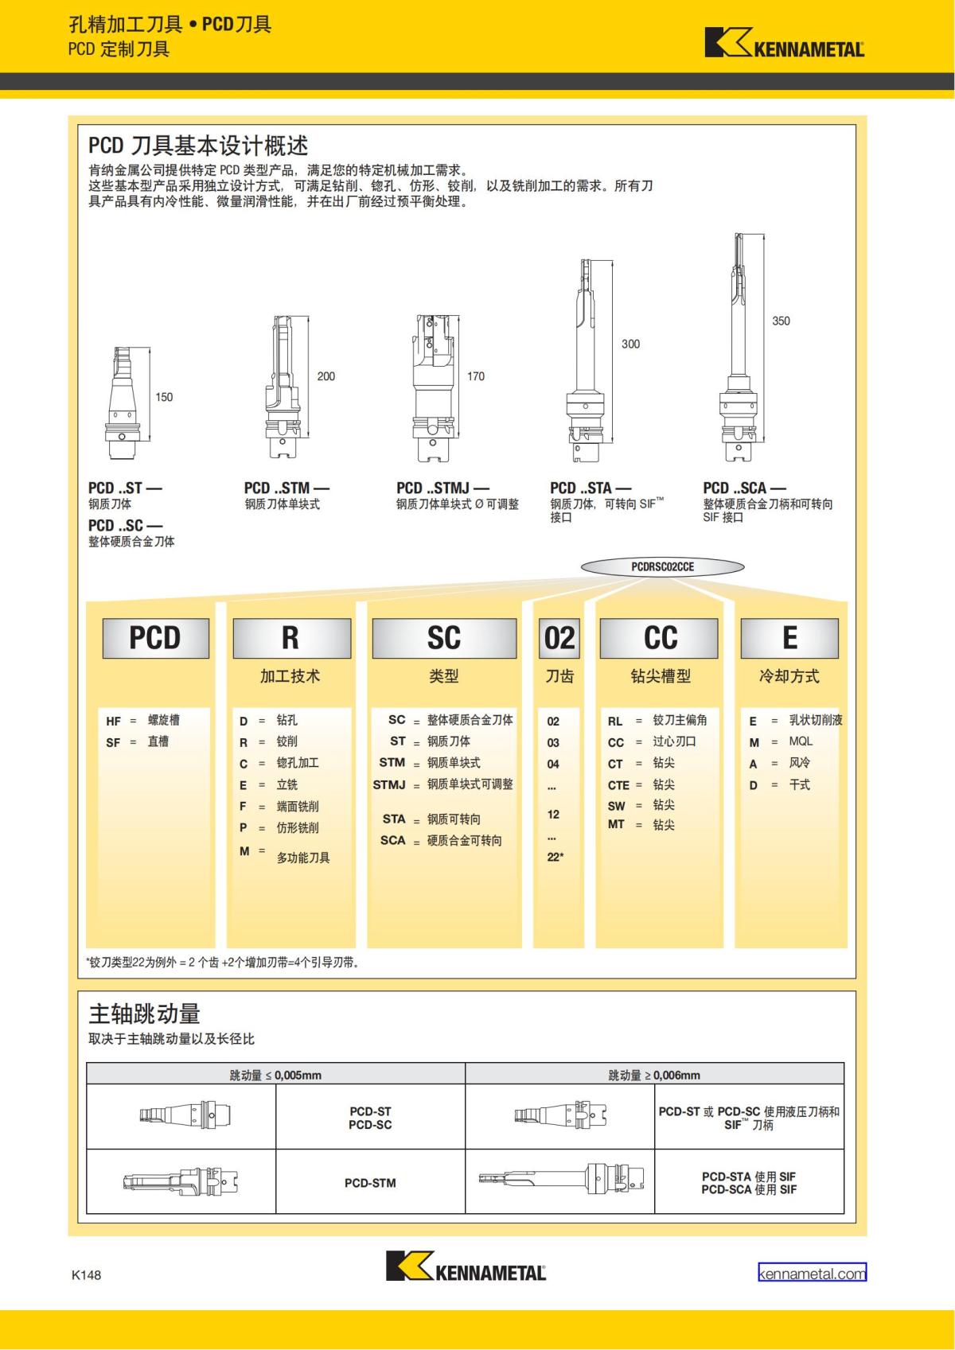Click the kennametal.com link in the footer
(x=812, y=1273)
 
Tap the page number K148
(x=86, y=1274)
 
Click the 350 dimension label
(x=781, y=321)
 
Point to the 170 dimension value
(x=476, y=376)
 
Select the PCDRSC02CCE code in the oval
(x=663, y=566)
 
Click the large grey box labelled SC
(x=444, y=638)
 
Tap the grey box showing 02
(x=559, y=638)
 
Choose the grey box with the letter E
(x=789, y=638)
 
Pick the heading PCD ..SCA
(x=744, y=488)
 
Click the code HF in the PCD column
(x=113, y=721)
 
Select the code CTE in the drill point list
(x=618, y=785)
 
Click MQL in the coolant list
(x=801, y=741)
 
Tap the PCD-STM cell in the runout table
(x=370, y=1182)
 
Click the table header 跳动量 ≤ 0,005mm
(x=275, y=1075)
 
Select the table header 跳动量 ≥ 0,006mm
(x=654, y=1075)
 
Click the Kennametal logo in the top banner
(x=785, y=42)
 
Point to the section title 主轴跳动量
(x=144, y=1013)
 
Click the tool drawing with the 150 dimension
(x=123, y=402)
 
